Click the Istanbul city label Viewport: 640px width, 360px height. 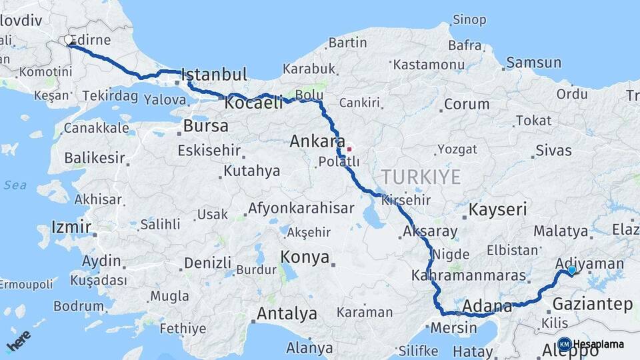pyautogui.click(x=214, y=73)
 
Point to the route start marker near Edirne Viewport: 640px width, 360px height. pyautogui.click(x=69, y=41)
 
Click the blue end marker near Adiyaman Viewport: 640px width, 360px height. pyautogui.click(x=571, y=270)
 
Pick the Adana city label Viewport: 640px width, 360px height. pyautogui.click(x=487, y=307)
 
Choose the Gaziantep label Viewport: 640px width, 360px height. pyautogui.click(x=593, y=305)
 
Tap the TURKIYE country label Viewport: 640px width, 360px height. pyautogui.click(x=421, y=177)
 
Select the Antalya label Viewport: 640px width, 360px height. pyautogui.click(x=287, y=313)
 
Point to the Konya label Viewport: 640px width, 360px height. pyautogui.click(x=305, y=257)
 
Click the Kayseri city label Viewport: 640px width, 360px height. pyautogui.click(x=497, y=209)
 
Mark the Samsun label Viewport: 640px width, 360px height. pyautogui.click(x=533, y=63)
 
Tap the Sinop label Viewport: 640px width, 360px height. pyautogui.click(x=469, y=19)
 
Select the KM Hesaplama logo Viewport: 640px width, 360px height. pyautogui.click(x=591, y=344)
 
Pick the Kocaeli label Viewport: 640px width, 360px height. pyautogui.click(x=253, y=103)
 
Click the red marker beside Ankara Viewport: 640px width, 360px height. pyautogui.click(x=348, y=149)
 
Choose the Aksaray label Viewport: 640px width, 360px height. pyautogui.click(x=430, y=232)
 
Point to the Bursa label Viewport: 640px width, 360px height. pyautogui.click(x=205, y=125)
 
